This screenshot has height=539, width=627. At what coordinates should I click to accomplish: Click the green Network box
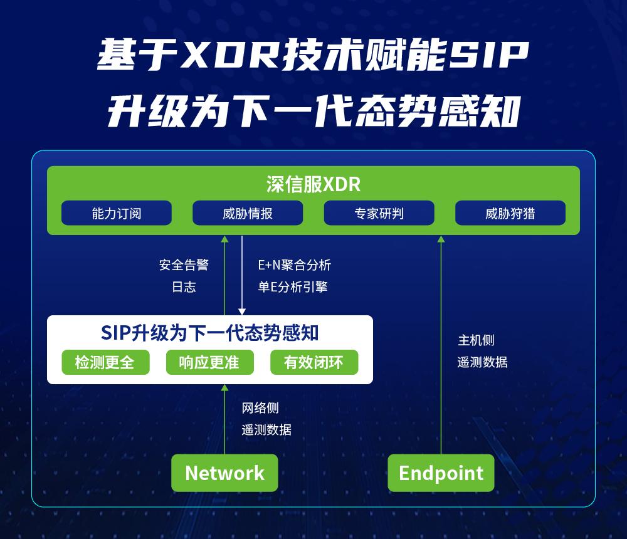tap(224, 473)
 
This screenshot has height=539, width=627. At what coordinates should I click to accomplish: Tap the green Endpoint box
tap(441, 473)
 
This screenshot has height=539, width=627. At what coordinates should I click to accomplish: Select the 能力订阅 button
tap(116, 213)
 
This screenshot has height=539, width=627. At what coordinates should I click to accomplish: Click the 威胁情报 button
tap(247, 213)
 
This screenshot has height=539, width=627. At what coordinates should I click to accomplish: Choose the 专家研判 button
tap(379, 213)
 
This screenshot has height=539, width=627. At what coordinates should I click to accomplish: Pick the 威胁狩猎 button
tap(510, 213)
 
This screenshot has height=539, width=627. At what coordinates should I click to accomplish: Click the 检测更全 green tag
tap(105, 362)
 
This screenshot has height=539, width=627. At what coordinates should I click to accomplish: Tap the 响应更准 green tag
tap(210, 362)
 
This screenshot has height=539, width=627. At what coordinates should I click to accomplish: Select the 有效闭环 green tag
tap(313, 362)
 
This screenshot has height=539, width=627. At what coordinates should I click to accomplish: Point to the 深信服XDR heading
tap(313, 184)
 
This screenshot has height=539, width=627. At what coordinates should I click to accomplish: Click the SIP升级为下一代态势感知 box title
tap(210, 333)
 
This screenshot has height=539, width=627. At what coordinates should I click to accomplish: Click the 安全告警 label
tap(183, 265)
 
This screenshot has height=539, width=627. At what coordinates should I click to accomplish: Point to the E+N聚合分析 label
tap(294, 265)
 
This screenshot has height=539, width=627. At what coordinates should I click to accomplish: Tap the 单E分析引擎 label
tap(292, 287)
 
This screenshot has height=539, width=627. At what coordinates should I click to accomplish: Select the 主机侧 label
tap(476, 340)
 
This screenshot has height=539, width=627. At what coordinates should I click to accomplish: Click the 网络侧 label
tap(260, 408)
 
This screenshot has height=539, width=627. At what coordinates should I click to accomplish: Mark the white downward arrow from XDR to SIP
tap(242, 276)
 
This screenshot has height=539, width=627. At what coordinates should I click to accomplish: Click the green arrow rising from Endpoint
tap(441, 345)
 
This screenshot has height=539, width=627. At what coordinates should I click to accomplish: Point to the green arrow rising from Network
tap(224, 420)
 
